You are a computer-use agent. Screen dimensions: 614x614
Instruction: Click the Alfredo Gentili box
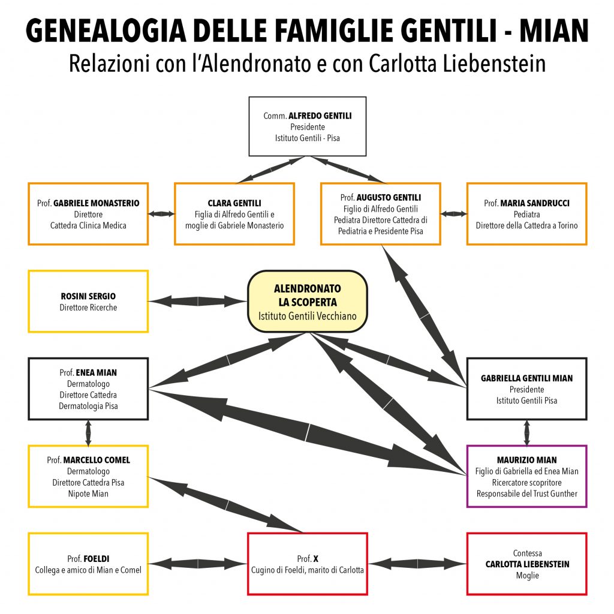coord(308,127)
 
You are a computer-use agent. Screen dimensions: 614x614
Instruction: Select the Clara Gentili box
coord(234,214)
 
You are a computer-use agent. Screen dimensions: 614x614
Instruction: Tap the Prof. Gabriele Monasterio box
coord(88,214)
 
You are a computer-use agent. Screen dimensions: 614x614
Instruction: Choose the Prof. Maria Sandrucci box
coord(526,214)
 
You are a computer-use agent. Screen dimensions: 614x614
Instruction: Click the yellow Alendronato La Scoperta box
coord(308,302)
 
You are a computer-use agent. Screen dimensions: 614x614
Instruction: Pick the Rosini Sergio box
coord(88,302)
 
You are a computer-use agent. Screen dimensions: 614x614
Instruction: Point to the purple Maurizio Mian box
coord(526,476)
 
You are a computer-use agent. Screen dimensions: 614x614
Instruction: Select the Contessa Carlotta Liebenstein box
coord(526,564)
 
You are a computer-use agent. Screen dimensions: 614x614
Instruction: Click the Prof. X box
coord(308,564)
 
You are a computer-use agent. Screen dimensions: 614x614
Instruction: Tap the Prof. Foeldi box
coord(88,564)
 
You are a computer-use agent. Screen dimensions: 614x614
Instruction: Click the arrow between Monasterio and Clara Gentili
coord(161,214)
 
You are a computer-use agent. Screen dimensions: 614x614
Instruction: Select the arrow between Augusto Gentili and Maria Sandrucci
coord(453,214)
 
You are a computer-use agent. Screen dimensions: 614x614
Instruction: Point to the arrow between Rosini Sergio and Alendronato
coord(198,302)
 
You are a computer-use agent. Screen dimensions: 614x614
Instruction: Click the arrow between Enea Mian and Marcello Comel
coord(88,433)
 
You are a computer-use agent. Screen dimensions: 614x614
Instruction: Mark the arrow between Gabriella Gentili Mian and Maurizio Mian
coord(526,433)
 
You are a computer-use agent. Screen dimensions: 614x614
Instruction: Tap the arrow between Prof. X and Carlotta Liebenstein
coord(417,564)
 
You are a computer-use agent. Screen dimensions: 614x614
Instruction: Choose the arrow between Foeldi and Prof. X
coord(198,564)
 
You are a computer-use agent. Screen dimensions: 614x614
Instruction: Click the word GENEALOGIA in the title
coord(106,31)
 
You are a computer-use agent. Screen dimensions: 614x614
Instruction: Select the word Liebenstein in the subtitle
coord(494,63)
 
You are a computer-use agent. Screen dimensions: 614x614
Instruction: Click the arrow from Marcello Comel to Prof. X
coord(226,505)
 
